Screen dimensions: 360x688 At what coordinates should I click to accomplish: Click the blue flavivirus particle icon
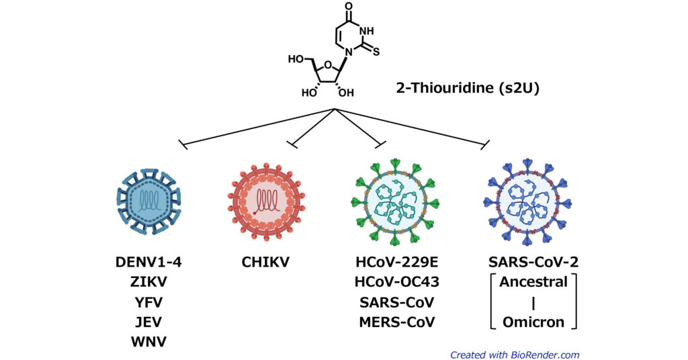tap(148, 200)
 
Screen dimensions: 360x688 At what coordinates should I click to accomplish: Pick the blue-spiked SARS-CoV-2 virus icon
tap(529, 200)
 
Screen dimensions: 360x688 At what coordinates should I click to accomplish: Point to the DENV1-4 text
tap(148, 262)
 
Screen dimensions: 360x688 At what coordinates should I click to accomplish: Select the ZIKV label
tap(148, 282)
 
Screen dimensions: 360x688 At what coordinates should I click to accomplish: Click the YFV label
tap(148, 302)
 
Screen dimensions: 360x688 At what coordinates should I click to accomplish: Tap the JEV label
tap(148, 322)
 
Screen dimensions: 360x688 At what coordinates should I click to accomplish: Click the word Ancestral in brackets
tap(533, 282)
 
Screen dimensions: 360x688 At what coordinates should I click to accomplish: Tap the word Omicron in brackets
tap(533, 322)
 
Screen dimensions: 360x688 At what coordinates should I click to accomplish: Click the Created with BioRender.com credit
tap(515, 355)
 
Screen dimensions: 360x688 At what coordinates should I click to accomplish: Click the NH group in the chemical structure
tap(369, 30)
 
